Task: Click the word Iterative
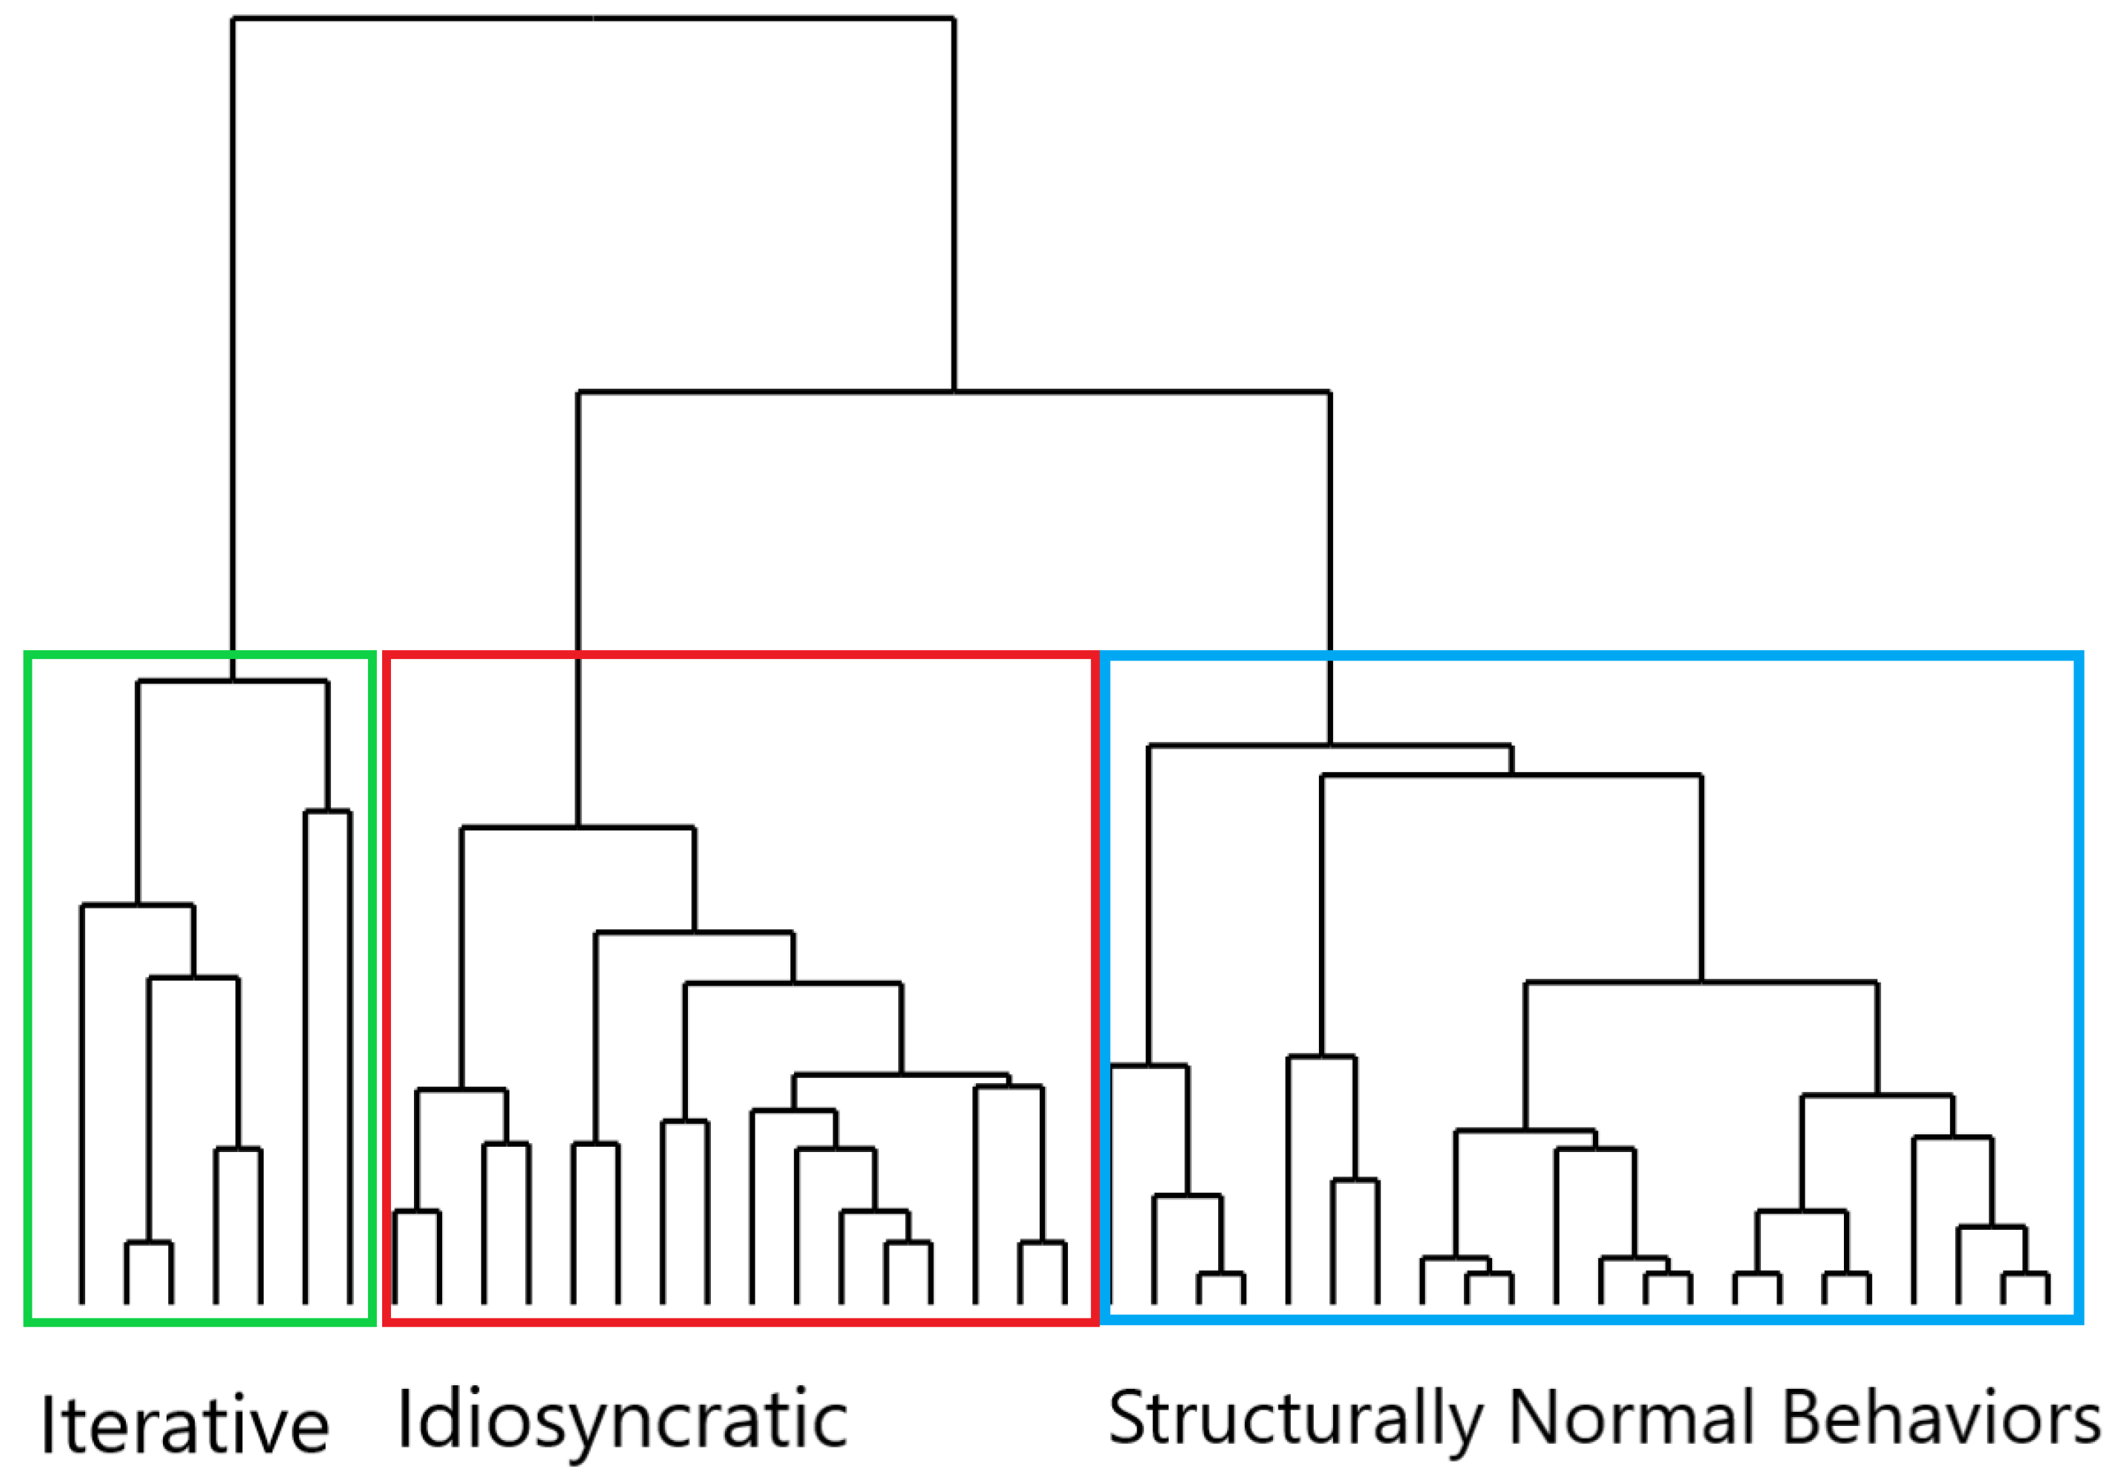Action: [184, 1426]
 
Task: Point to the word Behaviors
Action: [1939, 1419]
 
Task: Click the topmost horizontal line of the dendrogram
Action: [592, 19]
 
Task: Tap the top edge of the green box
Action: [200, 655]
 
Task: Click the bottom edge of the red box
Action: [741, 1323]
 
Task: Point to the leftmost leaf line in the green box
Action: [82, 1105]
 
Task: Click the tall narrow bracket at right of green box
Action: [327, 812]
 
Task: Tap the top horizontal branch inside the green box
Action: [232, 682]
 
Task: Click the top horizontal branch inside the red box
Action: [578, 828]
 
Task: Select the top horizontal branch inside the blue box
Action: [1329, 745]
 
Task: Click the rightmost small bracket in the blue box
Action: [2025, 1275]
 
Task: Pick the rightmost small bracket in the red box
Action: [1042, 1244]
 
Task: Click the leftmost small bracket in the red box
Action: [416, 1212]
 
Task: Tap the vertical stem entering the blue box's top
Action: [1330, 700]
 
